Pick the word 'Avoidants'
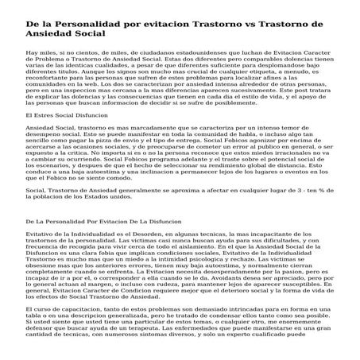[x=199, y=300]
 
